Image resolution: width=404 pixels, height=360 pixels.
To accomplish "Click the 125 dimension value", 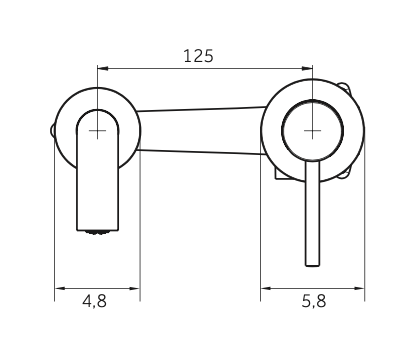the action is click(198, 56).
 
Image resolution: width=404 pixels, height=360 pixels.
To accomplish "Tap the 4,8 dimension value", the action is click(95, 301).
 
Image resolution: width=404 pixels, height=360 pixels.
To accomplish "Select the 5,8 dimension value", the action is click(314, 301).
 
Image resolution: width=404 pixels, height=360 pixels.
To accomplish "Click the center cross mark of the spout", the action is click(97, 130).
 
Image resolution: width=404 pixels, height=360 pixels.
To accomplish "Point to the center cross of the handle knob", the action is click(312, 130).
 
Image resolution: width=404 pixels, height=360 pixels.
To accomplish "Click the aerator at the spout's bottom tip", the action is click(97, 232).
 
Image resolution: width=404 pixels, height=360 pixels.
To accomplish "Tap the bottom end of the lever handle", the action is click(313, 265).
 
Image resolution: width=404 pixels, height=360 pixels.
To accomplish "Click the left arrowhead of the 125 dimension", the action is click(103, 69).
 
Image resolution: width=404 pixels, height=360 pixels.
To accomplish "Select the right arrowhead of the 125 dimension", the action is click(307, 69).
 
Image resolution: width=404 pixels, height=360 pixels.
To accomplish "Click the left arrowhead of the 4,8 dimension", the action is click(60, 288).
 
